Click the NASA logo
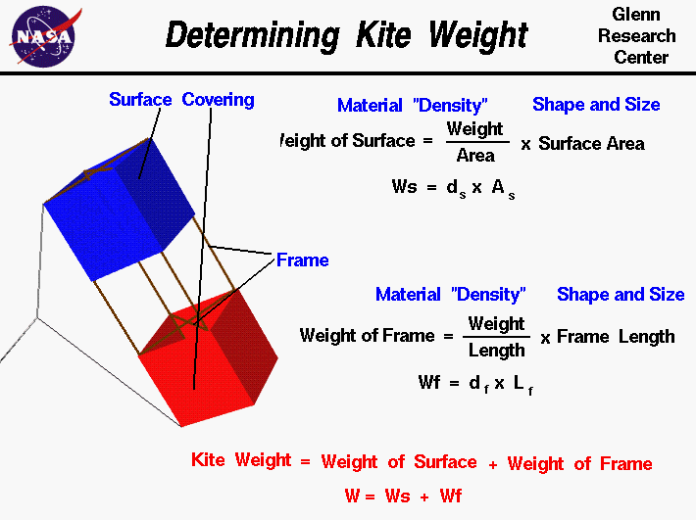point(42,34)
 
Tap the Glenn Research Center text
point(643,36)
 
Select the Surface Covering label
point(181,100)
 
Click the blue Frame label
point(302,260)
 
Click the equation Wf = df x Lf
point(475,383)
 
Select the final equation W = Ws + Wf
point(403,496)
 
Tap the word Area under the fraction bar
point(475,155)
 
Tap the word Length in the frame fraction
point(496,349)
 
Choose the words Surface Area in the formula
point(591,144)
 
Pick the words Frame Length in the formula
point(616,337)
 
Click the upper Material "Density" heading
point(412,106)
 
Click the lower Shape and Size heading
point(621,295)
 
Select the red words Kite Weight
point(241,460)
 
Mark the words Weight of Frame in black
point(367,336)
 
